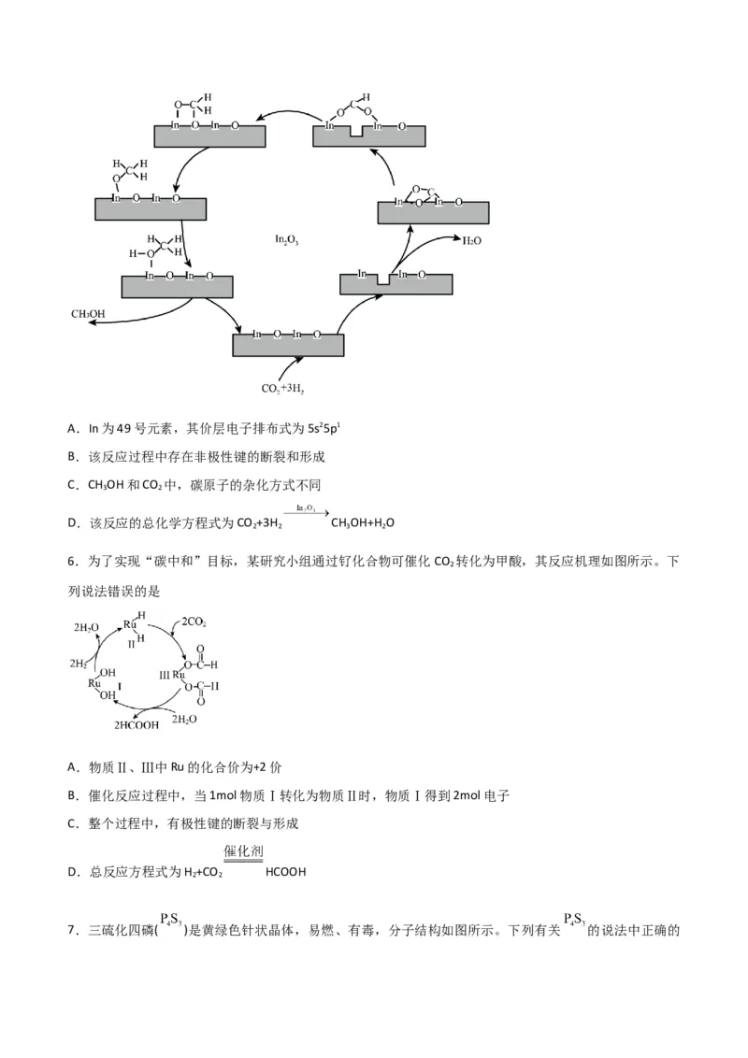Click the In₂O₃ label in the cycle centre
point(286,240)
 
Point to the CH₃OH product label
point(89,313)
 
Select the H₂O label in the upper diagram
point(472,240)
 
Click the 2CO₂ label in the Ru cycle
point(194,622)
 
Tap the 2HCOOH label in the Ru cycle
point(137,724)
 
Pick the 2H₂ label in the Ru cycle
point(79,664)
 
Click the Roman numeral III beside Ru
point(165,675)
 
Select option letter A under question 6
point(72,767)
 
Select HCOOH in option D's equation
point(286,872)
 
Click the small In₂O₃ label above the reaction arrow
point(306,508)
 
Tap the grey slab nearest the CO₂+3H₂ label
point(288,345)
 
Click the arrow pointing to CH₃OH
point(140,316)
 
